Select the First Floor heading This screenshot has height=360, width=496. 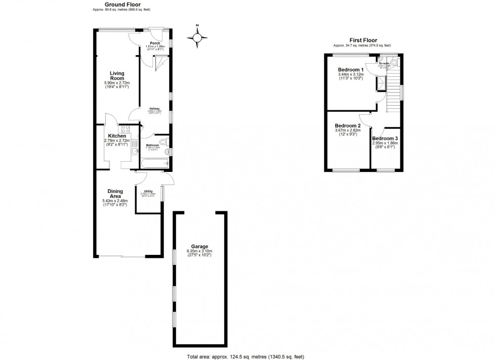pos(363,40)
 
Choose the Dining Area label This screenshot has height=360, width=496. pos(115,194)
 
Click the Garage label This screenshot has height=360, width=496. pos(199,247)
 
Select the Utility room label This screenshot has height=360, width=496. pos(148,191)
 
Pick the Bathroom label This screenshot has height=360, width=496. pos(152,145)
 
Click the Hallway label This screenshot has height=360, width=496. pos(154,108)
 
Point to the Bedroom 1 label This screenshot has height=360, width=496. pos(351,70)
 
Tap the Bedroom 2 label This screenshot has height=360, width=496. pos(348,126)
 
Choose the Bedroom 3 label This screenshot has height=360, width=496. pos(385,138)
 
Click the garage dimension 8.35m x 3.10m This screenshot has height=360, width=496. pos(199,251)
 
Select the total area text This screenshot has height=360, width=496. pos(247,355)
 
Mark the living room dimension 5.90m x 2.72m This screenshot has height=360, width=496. pos(117,83)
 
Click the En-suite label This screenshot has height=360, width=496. pos(384,63)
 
